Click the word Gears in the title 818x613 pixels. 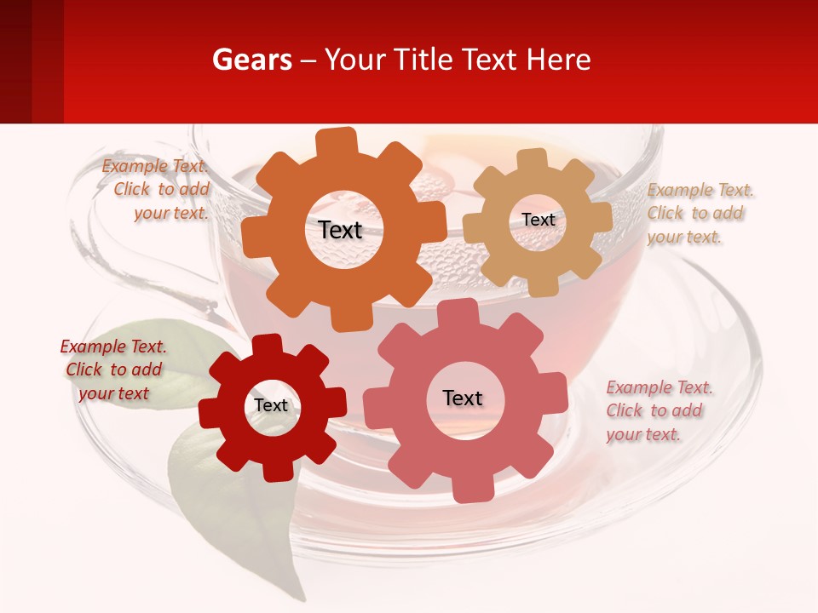point(251,60)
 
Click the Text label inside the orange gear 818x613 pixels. point(341,230)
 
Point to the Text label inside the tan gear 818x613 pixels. point(538,220)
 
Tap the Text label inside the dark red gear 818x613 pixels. point(271,405)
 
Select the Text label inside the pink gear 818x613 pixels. point(463,398)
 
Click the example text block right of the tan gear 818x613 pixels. point(699,214)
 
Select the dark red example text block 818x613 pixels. point(113,370)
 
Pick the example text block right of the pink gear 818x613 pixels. point(658,411)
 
